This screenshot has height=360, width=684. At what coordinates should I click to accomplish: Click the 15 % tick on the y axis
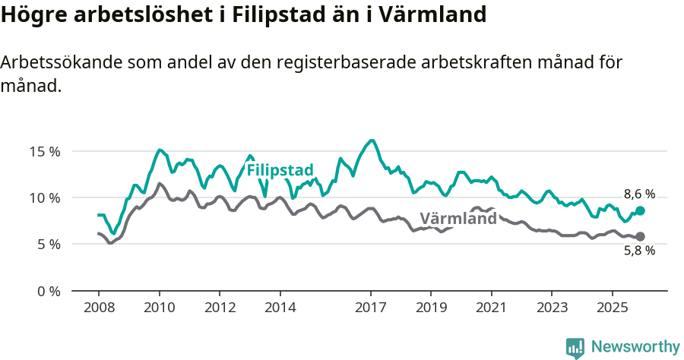click(44, 151)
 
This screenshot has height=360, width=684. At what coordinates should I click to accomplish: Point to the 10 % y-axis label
click(44, 197)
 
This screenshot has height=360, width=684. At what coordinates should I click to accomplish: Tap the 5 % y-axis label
click(48, 245)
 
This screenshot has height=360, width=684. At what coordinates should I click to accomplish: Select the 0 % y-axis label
click(48, 291)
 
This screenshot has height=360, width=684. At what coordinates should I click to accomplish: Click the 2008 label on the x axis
click(99, 308)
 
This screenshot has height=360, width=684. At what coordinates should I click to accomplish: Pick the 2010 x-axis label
click(159, 308)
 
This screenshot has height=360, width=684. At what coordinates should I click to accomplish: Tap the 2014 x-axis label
click(280, 308)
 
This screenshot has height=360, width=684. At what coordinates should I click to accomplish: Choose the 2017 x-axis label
click(371, 308)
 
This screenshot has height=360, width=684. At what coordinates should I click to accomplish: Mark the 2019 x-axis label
click(431, 308)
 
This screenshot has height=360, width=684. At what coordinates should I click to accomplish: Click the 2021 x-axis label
click(492, 308)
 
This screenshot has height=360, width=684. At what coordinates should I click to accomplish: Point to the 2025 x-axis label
click(613, 308)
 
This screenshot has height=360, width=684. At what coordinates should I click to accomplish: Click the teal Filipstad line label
click(280, 170)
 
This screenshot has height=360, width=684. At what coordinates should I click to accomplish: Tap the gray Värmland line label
click(458, 219)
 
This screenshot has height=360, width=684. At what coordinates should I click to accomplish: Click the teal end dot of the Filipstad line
click(640, 210)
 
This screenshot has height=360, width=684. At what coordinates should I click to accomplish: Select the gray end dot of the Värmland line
click(640, 237)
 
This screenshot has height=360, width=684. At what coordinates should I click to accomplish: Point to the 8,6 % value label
click(639, 194)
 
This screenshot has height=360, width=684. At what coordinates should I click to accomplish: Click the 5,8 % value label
click(639, 251)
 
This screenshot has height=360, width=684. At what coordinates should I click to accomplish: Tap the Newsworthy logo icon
click(575, 348)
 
